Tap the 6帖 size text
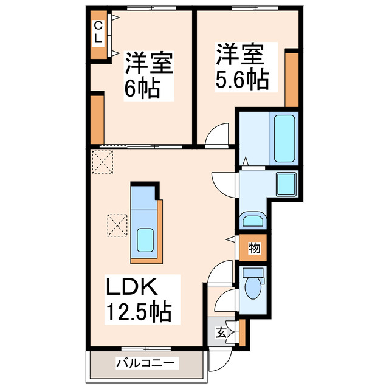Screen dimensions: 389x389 point(142,89)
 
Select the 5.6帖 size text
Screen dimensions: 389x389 point(241,80)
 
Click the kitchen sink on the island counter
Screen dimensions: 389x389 point(145,239)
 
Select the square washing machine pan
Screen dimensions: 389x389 point(284,184)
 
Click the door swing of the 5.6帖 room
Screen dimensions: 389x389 point(218,137)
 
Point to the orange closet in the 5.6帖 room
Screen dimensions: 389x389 point(292,79)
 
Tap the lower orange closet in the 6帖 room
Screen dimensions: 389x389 point(97,117)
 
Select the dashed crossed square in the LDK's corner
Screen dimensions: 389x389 point(103,161)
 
